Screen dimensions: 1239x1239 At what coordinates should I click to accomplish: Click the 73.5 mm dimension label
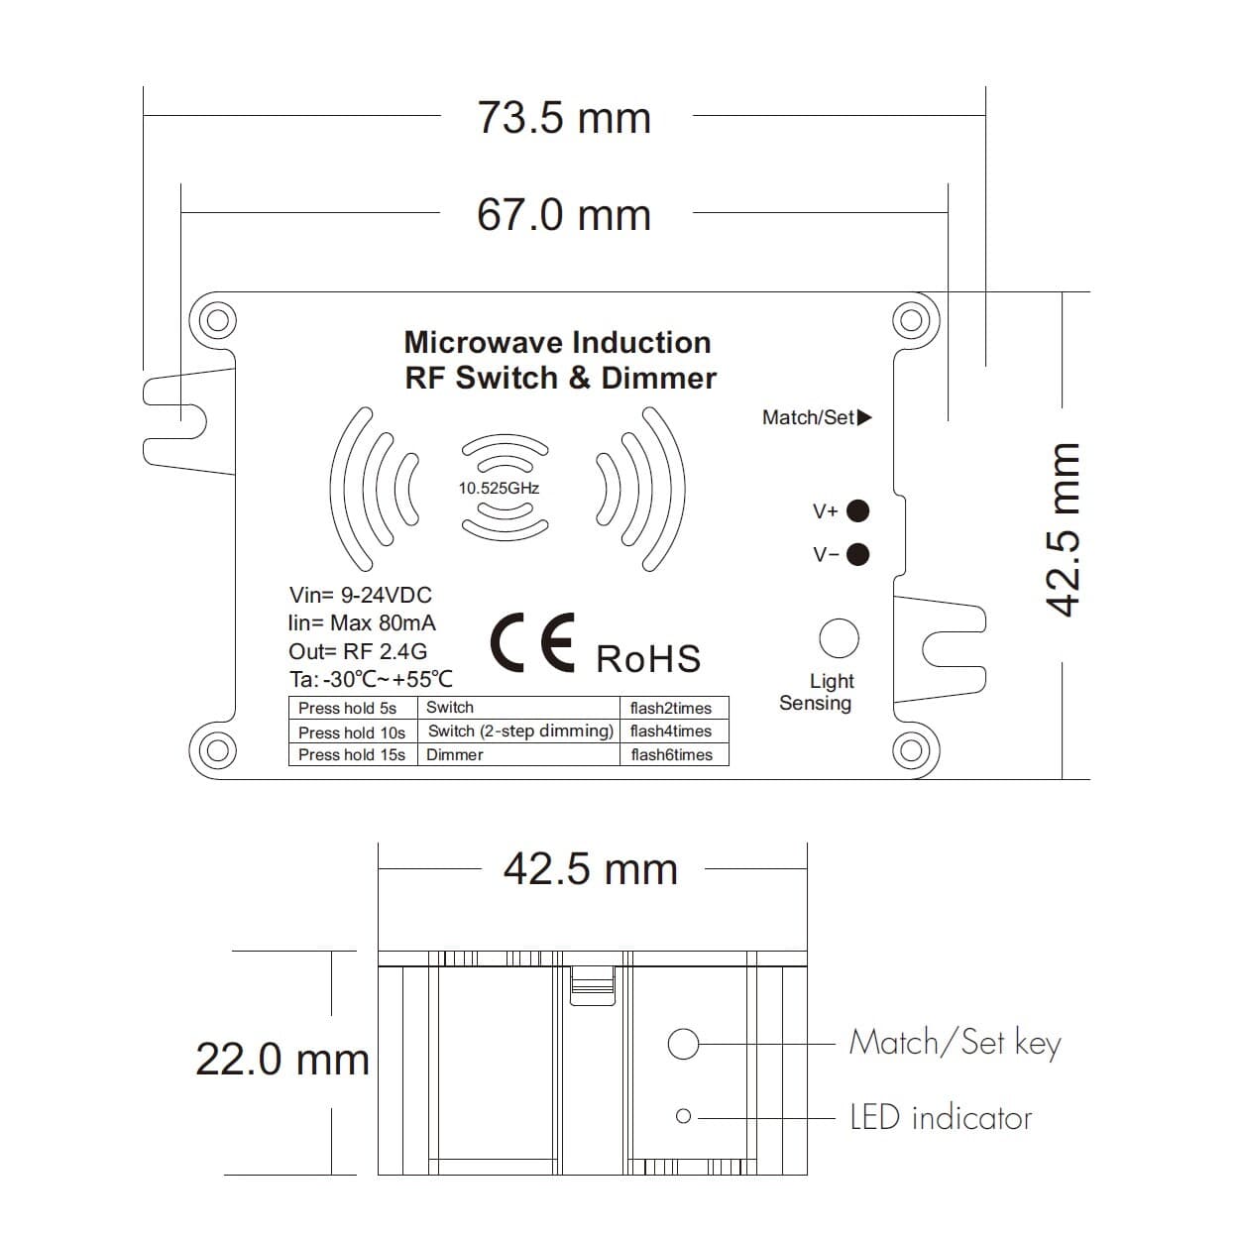564,118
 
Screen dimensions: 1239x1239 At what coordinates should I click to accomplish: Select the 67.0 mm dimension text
564,214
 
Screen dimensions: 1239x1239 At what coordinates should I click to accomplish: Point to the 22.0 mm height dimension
282,1059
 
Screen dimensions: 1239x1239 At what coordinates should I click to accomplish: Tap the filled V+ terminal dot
857,511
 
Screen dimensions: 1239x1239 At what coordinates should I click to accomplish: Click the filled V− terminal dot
857,554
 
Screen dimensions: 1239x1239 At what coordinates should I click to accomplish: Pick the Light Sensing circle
840,638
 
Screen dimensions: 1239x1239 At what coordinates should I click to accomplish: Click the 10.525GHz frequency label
499,488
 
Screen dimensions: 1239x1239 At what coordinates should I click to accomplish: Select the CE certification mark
532,642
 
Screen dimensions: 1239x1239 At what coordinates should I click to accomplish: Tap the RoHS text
648,658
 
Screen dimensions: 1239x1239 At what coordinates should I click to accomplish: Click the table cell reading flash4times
671,732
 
